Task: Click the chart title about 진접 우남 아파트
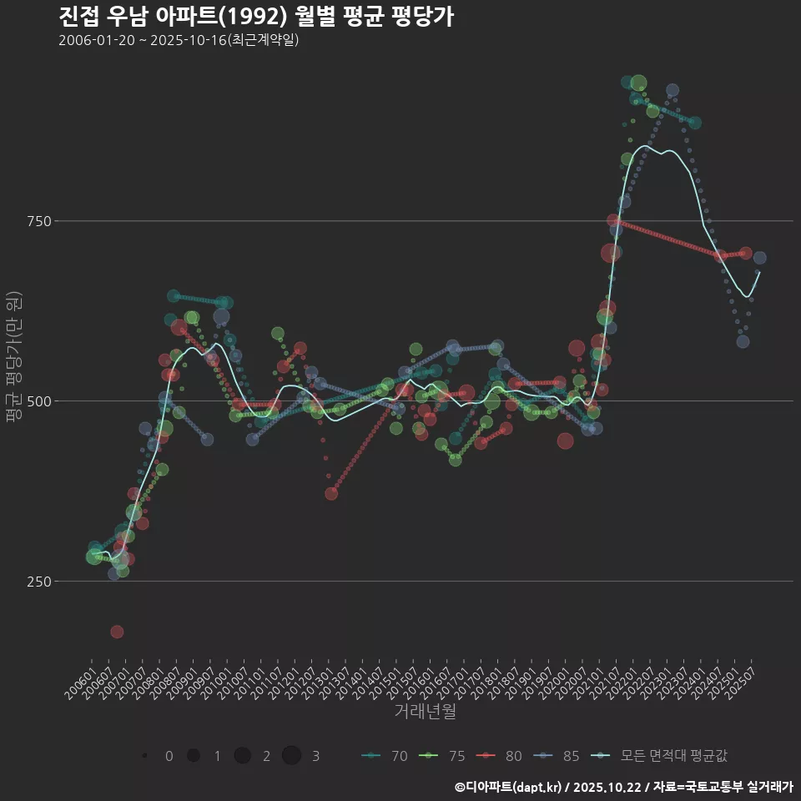256,17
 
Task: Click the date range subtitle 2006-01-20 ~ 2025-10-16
179,41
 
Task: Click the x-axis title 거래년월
425,712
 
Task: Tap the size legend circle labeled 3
291,756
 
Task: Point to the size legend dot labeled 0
145,756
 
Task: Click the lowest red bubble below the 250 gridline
117,632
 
